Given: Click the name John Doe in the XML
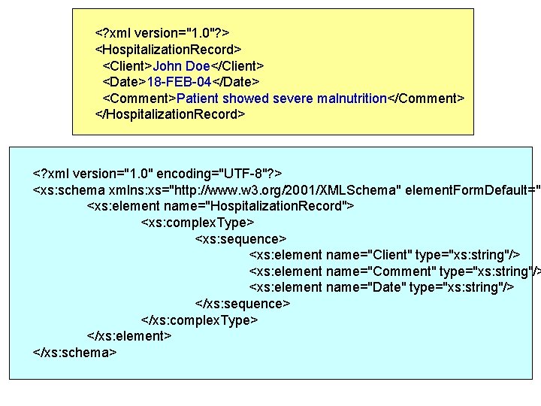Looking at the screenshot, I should (x=181, y=65).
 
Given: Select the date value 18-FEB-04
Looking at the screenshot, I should (x=177, y=82).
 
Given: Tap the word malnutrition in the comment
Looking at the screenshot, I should (x=352, y=98).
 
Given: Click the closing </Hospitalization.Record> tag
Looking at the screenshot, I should (x=170, y=114).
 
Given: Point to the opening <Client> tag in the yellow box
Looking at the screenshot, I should (x=128, y=65).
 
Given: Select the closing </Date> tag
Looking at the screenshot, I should (x=231, y=82).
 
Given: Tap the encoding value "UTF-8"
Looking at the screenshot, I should (x=245, y=174).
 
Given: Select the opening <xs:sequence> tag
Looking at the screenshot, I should (x=240, y=239).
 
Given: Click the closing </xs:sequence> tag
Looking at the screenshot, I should (x=243, y=304).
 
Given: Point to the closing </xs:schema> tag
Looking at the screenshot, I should (x=75, y=352).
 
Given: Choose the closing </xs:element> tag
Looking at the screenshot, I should (x=130, y=336).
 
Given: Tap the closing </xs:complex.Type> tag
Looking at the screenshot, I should (x=200, y=320).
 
